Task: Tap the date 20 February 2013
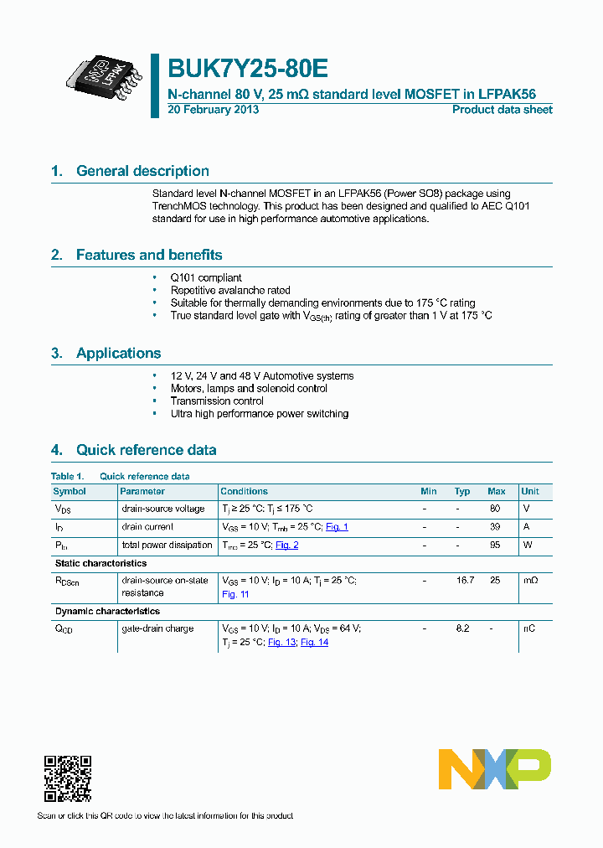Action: click(214, 110)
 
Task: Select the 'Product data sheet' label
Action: click(502, 110)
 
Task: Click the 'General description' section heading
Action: click(142, 171)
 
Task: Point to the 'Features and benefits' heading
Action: click(149, 255)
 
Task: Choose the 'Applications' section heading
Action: click(118, 353)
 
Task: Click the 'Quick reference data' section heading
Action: click(146, 450)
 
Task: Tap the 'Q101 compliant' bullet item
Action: click(206, 277)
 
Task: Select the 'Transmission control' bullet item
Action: click(217, 401)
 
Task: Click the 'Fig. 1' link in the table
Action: click(337, 527)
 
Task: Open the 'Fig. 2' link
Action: click(286, 546)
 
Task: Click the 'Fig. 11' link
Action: click(235, 594)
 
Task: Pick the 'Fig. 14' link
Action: click(314, 643)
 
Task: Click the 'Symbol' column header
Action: click(70, 492)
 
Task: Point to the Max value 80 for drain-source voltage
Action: click(495, 509)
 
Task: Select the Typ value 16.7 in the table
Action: click(463, 581)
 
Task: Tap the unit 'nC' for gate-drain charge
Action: click(529, 629)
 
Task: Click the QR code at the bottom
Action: click(67, 778)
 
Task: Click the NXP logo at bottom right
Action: click(495, 768)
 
